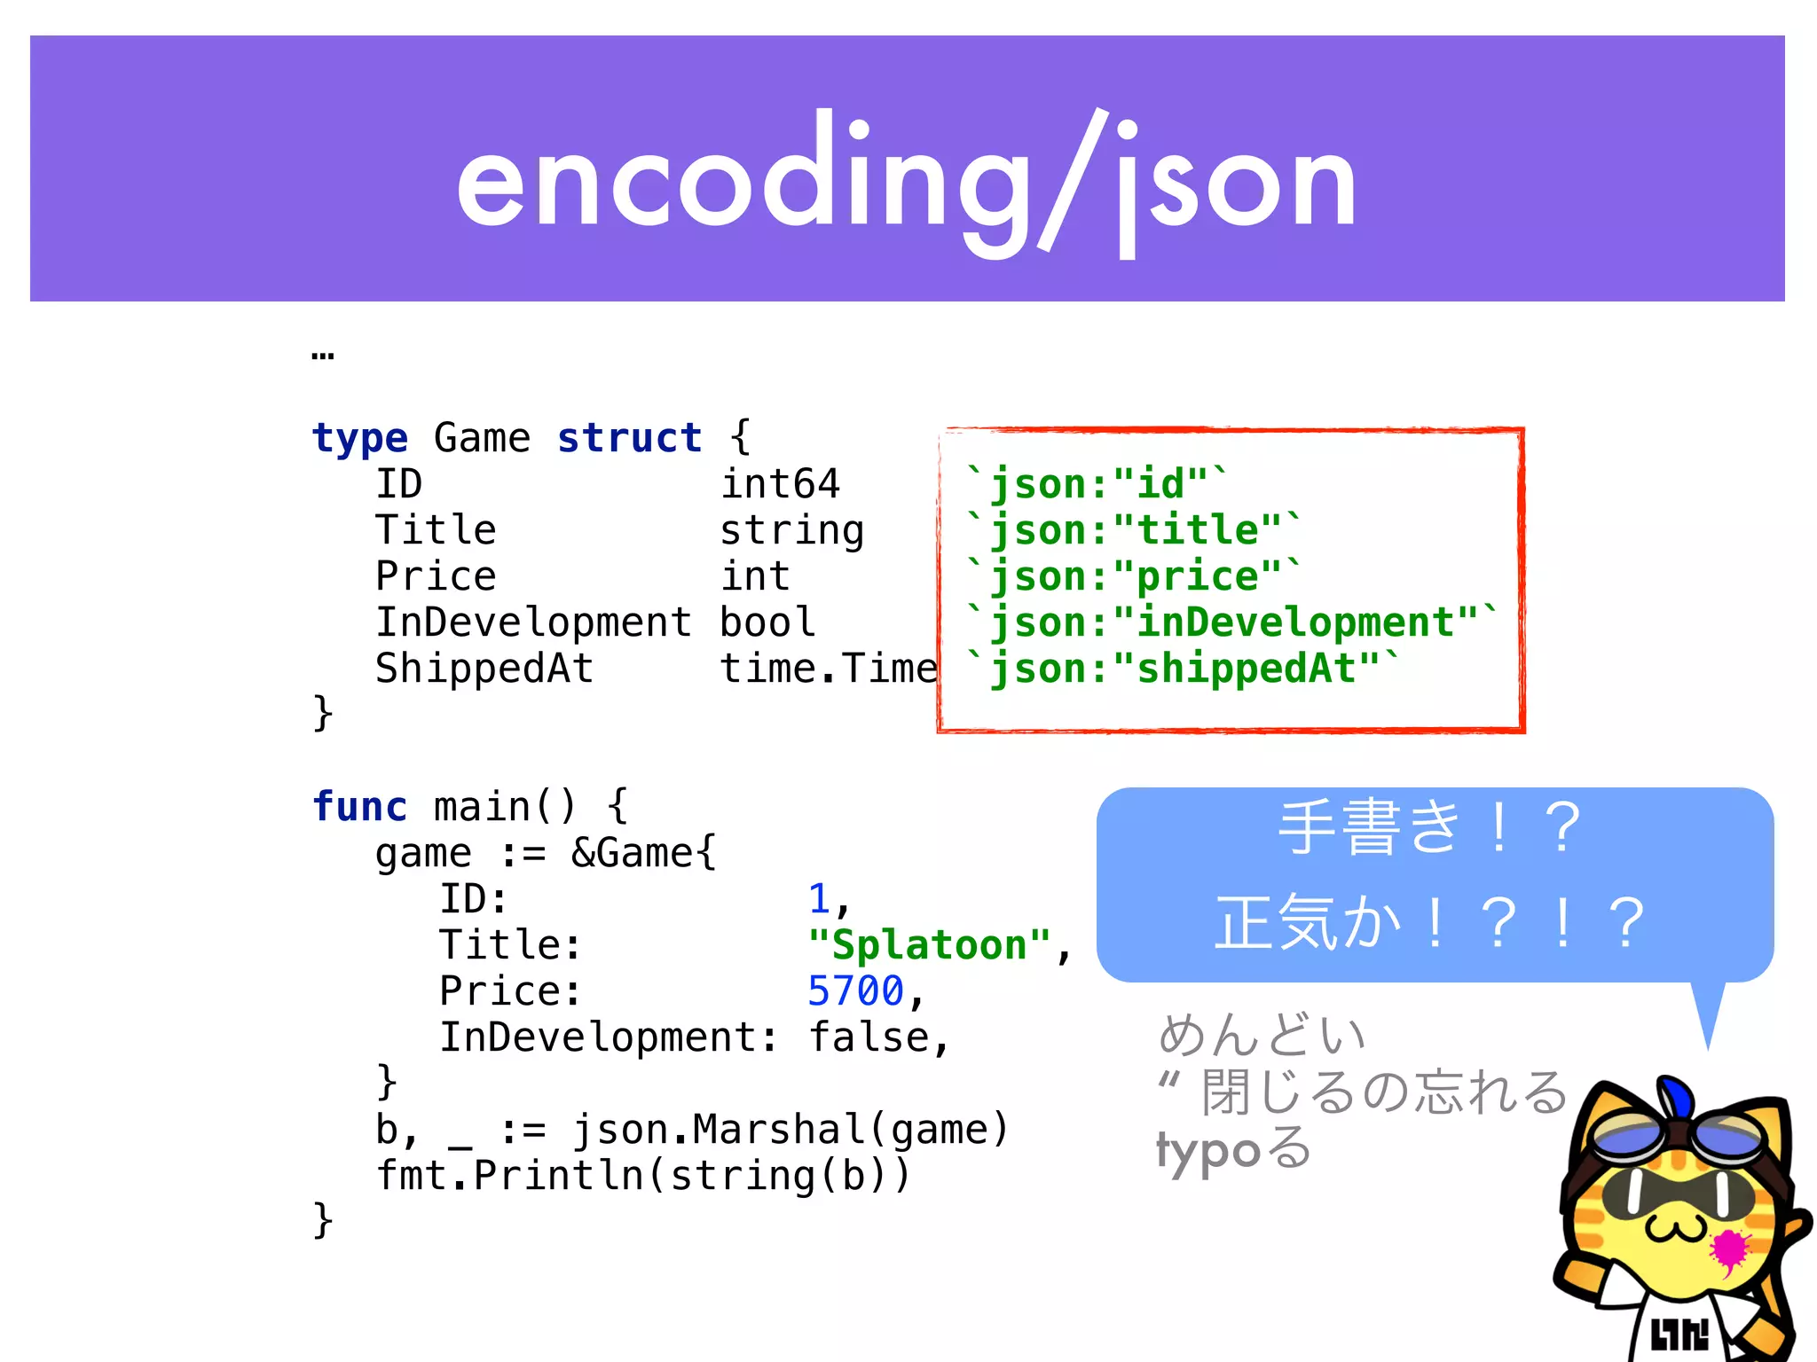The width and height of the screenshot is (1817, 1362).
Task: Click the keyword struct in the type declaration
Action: [629, 438]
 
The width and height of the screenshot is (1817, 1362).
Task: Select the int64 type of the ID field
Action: [780, 484]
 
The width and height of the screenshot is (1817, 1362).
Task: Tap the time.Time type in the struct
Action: [828, 669]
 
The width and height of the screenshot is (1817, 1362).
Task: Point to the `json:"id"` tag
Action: [1097, 484]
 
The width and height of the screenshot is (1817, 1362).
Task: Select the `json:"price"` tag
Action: [1133, 576]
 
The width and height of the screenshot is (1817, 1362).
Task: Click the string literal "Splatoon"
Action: [929, 945]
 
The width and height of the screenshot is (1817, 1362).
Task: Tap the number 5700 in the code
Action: [855, 991]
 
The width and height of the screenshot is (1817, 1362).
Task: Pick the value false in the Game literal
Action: [868, 1037]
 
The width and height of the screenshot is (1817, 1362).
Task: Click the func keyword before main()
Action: [359, 807]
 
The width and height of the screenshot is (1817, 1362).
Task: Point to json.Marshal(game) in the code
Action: [790, 1130]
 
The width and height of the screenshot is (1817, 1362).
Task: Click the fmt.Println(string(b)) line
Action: [643, 1176]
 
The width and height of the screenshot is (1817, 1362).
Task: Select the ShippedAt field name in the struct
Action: [484, 669]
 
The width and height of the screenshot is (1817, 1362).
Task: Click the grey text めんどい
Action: [1262, 1035]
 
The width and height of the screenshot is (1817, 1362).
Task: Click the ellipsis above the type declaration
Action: [323, 356]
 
